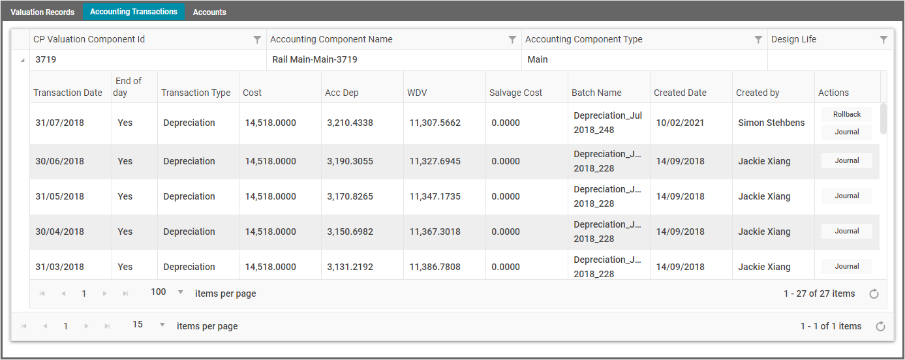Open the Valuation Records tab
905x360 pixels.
[42, 12]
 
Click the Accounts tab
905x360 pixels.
[209, 12]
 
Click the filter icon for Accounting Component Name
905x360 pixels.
[512, 40]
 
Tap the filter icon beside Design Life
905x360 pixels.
[883, 40]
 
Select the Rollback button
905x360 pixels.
[847, 114]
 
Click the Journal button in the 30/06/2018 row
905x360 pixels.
[847, 160]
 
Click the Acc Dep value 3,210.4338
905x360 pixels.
[350, 123]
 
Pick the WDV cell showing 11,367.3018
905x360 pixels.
[435, 232]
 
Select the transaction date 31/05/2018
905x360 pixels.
[59, 196]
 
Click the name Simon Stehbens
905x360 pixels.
[771, 123]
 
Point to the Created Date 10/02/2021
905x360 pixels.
[680, 123]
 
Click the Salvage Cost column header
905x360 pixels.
[515, 93]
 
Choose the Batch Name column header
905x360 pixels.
[596, 93]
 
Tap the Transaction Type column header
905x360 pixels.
[196, 93]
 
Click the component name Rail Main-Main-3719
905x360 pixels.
[314, 59]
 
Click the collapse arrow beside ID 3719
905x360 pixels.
[23, 60]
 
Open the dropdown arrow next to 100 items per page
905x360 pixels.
[181, 292]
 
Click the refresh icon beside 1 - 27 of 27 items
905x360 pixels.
[874, 294]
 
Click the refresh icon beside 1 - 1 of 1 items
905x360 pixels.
[880, 327]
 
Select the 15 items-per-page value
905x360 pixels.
[138, 325]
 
